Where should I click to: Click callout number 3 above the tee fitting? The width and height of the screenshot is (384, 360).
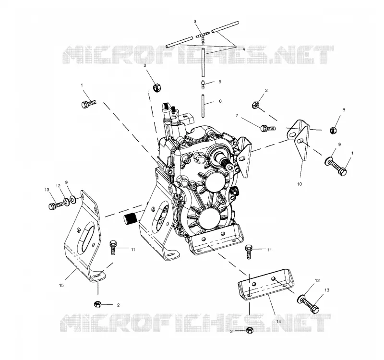pos(195,22)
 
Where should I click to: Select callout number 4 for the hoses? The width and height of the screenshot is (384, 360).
pos(244,49)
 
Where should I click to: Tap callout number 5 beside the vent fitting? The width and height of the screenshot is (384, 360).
pos(220,82)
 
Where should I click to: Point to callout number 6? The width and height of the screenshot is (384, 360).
pos(220,101)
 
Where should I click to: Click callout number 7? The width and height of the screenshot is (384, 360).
pos(237,115)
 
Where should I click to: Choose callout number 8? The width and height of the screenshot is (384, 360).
pos(344,110)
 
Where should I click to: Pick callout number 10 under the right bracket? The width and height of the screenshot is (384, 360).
pos(300,184)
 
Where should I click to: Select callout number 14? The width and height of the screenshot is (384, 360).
pos(278,321)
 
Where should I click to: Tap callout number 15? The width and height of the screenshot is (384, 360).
pos(61,285)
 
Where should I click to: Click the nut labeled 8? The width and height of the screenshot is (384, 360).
pos(333,130)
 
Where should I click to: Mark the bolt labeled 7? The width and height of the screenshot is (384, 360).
pos(268,128)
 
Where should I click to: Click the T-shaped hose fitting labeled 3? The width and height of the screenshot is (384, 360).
pos(202,38)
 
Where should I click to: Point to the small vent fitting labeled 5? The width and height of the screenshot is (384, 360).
pos(204,84)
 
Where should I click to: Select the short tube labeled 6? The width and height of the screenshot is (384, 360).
pos(203,106)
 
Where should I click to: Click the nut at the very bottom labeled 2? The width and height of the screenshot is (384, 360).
pos(250,330)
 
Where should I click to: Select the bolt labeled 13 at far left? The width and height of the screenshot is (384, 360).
pos(56,205)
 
